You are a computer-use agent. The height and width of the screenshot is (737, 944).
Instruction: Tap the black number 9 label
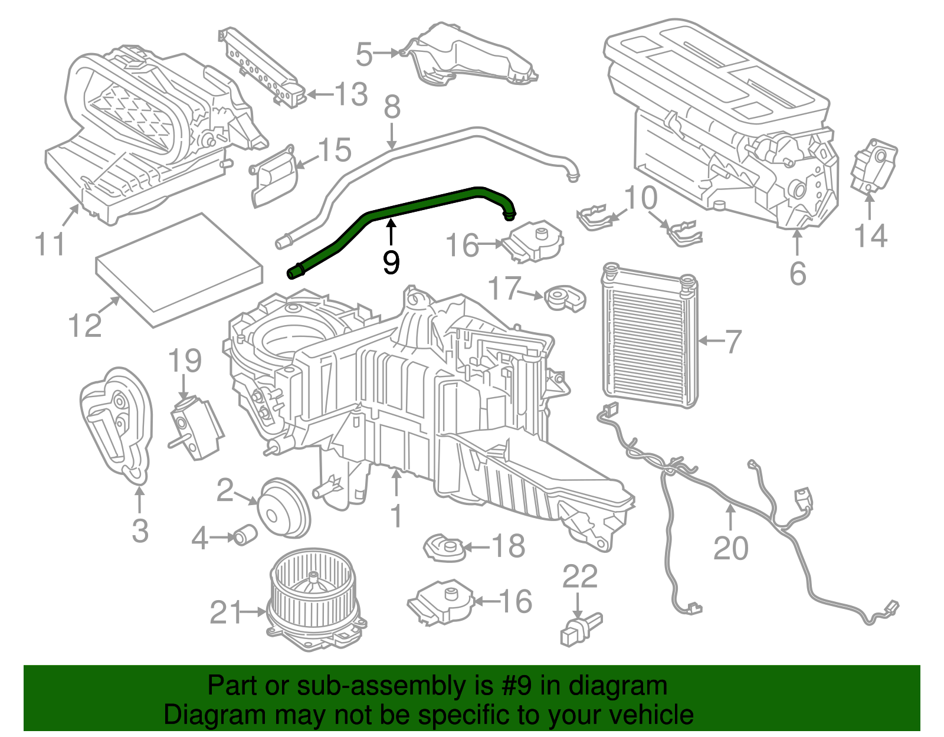pyautogui.click(x=391, y=262)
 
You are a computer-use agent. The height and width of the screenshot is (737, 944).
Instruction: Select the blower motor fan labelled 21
pyautogui.click(x=316, y=599)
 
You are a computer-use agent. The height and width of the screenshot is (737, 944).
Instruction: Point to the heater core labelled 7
pyautogui.click(x=649, y=336)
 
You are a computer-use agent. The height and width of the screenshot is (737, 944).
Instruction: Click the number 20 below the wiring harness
pyautogui.click(x=730, y=548)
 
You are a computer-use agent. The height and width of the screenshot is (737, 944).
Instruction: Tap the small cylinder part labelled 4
pyautogui.click(x=244, y=535)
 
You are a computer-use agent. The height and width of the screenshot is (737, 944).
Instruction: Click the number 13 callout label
pyautogui.click(x=351, y=94)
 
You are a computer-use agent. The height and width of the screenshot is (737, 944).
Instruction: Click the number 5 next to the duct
pyautogui.click(x=364, y=54)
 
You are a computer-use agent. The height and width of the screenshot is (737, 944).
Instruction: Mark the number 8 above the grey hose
pyautogui.click(x=392, y=107)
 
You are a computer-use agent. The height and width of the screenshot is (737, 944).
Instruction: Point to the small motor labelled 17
pyautogui.click(x=563, y=297)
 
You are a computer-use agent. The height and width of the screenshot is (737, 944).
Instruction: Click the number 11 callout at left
pyautogui.click(x=50, y=244)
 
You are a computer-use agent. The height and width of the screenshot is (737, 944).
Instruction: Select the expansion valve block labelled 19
pyautogui.click(x=195, y=428)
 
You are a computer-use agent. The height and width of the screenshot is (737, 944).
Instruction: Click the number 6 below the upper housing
pyautogui.click(x=797, y=274)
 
